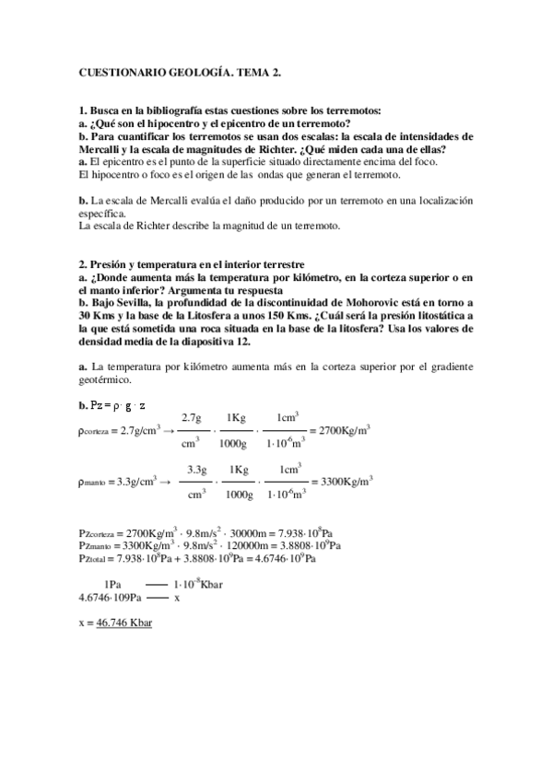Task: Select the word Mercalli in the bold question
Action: coord(104,149)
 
